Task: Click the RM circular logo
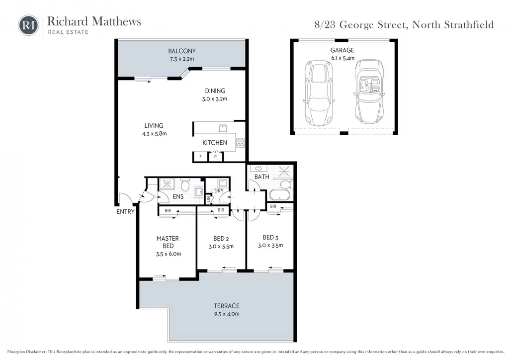point(28,25)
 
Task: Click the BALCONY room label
point(182,51)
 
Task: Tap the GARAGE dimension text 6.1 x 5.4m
point(342,58)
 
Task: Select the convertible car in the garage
point(369,91)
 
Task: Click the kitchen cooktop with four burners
point(240,143)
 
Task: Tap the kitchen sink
point(223,128)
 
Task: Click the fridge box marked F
point(200,157)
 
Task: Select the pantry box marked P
point(215,157)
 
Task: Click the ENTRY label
point(125,212)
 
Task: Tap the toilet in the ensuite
point(185,185)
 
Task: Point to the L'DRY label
point(218,190)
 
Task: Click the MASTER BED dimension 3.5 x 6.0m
point(169,254)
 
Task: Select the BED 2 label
point(221,239)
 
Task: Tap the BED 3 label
point(271,238)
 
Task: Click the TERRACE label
point(227,306)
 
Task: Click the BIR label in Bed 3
point(273,206)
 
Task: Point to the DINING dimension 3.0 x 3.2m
point(215,99)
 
